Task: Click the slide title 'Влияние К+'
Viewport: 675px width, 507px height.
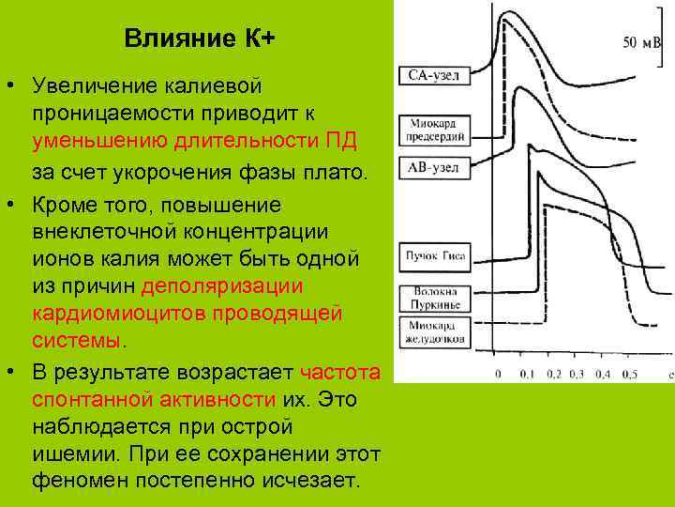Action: pyautogui.click(x=199, y=39)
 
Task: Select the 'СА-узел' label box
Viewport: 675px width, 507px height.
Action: pyautogui.click(x=432, y=75)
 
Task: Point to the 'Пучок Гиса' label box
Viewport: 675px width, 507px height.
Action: pyautogui.click(x=431, y=254)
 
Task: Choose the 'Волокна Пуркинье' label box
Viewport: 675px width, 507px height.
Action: pyautogui.click(x=432, y=298)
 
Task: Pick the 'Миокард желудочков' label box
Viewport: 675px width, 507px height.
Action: pyautogui.click(x=432, y=336)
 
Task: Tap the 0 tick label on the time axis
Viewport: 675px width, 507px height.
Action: pyautogui.click(x=497, y=374)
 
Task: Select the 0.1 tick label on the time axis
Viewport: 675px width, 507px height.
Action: pyautogui.click(x=527, y=374)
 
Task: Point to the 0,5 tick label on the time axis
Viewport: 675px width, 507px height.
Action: pyautogui.click(x=630, y=374)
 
